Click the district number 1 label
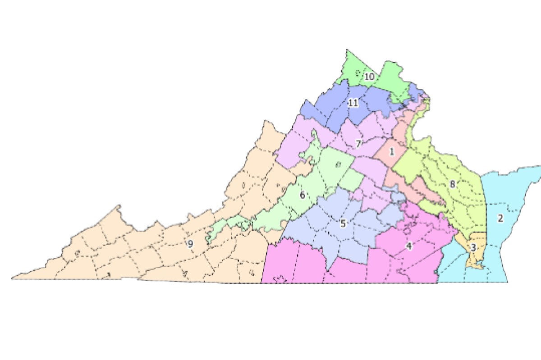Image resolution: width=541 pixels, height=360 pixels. [x=392, y=152]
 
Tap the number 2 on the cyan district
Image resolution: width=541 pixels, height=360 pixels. [x=500, y=219]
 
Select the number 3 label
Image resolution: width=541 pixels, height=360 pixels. [x=473, y=247]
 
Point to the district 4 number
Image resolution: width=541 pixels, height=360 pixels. [x=409, y=246]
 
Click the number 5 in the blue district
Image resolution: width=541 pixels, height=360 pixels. [x=343, y=223]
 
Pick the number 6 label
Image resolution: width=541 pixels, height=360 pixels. [x=303, y=195]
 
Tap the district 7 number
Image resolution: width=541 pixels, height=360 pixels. [x=358, y=144]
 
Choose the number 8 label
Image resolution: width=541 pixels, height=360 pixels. [x=452, y=184]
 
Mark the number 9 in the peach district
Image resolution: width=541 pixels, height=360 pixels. [x=190, y=244]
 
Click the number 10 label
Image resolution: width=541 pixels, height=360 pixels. [x=369, y=77]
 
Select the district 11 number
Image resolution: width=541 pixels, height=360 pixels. [x=353, y=103]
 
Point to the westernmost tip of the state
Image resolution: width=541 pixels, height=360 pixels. [x=13, y=278]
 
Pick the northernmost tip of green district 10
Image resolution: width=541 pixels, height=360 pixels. [x=347, y=50]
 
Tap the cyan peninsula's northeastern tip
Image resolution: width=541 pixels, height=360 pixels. [x=539, y=167]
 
